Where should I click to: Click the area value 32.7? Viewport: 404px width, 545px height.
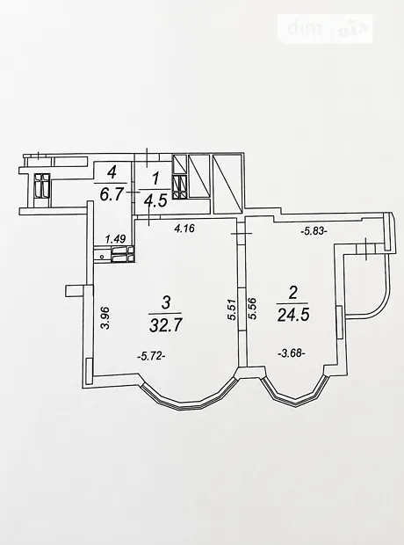tap(165, 325)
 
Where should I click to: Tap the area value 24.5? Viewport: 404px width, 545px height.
tap(293, 316)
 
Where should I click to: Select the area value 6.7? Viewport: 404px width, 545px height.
tap(112, 194)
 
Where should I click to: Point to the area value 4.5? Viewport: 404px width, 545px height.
tap(155, 200)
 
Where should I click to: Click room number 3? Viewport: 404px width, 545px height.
tap(166, 302)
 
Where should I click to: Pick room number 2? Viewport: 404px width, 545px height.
tap(293, 293)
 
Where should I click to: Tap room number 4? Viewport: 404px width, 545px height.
tap(112, 172)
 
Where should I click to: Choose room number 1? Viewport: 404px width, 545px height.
tap(155, 179)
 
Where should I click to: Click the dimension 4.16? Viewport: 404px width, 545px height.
tap(184, 229)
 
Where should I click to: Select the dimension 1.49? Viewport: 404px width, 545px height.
tap(115, 238)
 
